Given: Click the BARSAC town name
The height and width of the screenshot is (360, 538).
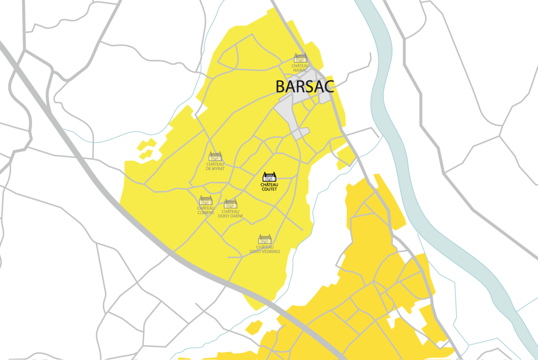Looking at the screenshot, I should [x=304, y=87].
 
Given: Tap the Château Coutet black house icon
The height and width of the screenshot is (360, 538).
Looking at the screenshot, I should [x=269, y=177].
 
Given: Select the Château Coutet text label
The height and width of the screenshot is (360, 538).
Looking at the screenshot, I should [x=269, y=187].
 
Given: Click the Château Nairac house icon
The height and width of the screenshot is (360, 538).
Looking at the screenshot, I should [x=300, y=58].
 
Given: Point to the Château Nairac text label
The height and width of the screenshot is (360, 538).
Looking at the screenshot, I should [x=300, y=68].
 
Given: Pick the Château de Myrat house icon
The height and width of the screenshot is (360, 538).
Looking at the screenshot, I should [x=215, y=156].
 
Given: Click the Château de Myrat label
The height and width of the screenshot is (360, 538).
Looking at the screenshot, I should [x=215, y=166].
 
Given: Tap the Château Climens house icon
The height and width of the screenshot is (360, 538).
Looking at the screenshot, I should [x=206, y=200].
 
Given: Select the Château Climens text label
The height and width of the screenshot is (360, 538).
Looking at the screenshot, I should [x=206, y=210].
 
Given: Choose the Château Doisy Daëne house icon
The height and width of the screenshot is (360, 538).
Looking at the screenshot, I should [x=230, y=203].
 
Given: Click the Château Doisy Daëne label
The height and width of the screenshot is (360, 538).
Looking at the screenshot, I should [x=230, y=214].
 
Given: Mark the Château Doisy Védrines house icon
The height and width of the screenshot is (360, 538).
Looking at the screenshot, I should [x=265, y=239].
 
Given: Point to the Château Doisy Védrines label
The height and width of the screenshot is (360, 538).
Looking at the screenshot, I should [x=265, y=249].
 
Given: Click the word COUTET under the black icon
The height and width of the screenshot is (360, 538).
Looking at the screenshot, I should [x=269, y=189].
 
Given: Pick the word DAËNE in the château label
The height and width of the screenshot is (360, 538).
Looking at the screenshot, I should [x=237, y=216].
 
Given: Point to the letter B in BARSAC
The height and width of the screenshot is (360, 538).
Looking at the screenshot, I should [x=280, y=87].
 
